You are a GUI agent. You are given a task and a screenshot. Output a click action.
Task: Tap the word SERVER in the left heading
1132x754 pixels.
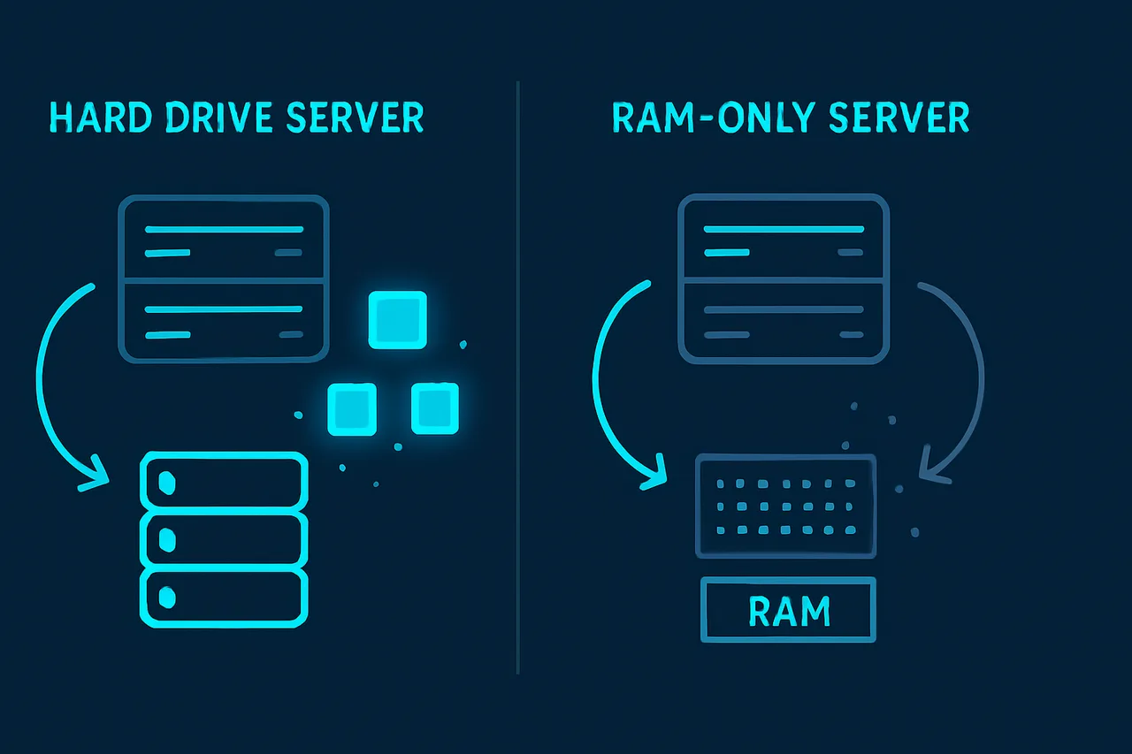(x=364, y=118)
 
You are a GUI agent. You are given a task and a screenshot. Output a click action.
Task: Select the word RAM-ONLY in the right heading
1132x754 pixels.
(x=712, y=118)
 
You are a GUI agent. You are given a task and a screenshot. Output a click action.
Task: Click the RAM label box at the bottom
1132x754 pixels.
(x=788, y=610)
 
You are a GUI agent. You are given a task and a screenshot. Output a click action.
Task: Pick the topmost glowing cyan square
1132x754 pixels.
(x=397, y=319)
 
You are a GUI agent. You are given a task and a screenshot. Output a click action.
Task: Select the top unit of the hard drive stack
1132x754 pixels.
(x=224, y=483)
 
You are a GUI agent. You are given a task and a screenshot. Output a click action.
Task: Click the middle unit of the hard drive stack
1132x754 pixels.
(x=224, y=539)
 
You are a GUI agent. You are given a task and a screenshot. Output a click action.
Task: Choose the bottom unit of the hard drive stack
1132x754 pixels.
(x=224, y=597)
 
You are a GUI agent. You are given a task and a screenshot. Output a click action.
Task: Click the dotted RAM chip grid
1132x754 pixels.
(x=786, y=506)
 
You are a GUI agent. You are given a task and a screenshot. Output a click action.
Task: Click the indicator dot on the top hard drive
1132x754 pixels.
(x=165, y=483)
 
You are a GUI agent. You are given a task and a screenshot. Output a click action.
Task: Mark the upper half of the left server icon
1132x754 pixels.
(x=224, y=240)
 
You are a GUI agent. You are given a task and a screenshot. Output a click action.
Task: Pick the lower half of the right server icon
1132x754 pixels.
(x=784, y=321)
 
